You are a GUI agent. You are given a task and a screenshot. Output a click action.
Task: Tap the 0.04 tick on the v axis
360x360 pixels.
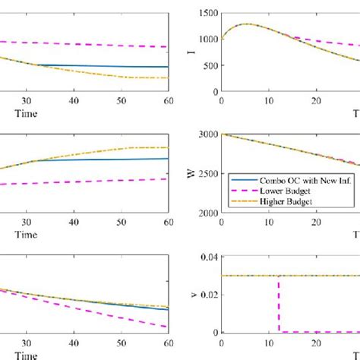click(208, 257)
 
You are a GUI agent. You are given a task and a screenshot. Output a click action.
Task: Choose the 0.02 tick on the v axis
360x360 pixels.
click(208, 295)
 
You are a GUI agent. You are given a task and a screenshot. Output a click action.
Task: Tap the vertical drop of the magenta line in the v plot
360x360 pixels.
click(279, 304)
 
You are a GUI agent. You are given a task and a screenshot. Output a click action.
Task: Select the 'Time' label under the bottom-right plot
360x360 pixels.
click(354, 354)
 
